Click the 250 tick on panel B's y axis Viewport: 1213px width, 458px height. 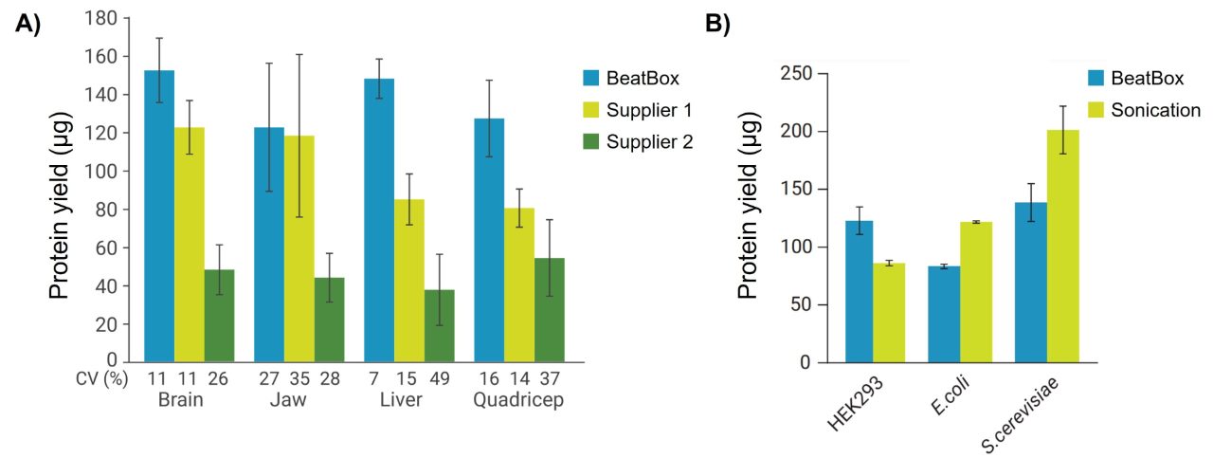801,73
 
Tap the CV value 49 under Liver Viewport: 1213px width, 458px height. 439,379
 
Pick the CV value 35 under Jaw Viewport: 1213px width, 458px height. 299,379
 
